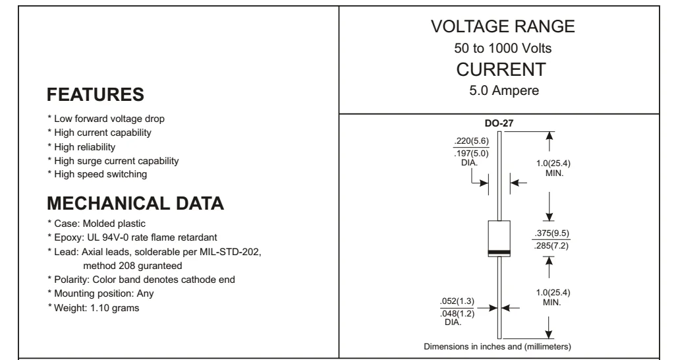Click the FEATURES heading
click(95, 95)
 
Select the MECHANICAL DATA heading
click(135, 203)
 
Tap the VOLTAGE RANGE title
click(503, 26)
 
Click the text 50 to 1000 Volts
click(503, 48)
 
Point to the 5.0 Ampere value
click(504, 90)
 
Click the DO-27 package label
click(499, 123)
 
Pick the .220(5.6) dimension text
click(471, 141)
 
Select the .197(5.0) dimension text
click(471, 154)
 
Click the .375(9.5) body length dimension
click(551, 233)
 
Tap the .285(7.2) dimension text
click(551, 246)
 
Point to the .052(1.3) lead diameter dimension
click(457, 301)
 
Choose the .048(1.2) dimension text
click(457, 314)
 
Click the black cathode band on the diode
click(499, 253)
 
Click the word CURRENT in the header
click(501, 70)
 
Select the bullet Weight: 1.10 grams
click(94, 308)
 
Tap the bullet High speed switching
click(98, 174)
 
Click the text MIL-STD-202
click(230, 252)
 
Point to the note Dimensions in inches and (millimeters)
click(497, 347)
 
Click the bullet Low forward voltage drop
click(106, 119)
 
